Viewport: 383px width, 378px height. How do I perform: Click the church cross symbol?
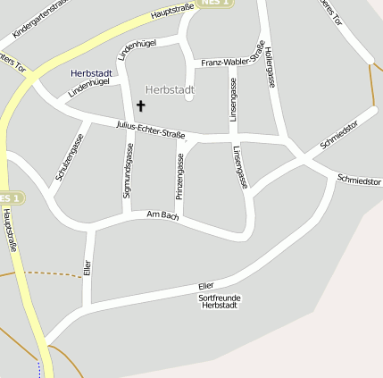[x=140, y=105]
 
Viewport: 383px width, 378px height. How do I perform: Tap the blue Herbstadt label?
[x=91, y=72]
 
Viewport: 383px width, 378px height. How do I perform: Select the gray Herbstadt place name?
[x=169, y=89]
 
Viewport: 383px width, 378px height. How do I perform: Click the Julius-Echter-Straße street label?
[x=150, y=130]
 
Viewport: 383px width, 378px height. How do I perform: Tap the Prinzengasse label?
[x=179, y=175]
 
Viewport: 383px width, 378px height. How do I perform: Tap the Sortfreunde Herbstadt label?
[x=220, y=301]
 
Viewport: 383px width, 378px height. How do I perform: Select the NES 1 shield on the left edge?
[x=9, y=197]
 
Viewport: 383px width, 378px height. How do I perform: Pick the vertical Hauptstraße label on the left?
[x=12, y=230]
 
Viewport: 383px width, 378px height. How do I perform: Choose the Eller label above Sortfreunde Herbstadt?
[x=206, y=285]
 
